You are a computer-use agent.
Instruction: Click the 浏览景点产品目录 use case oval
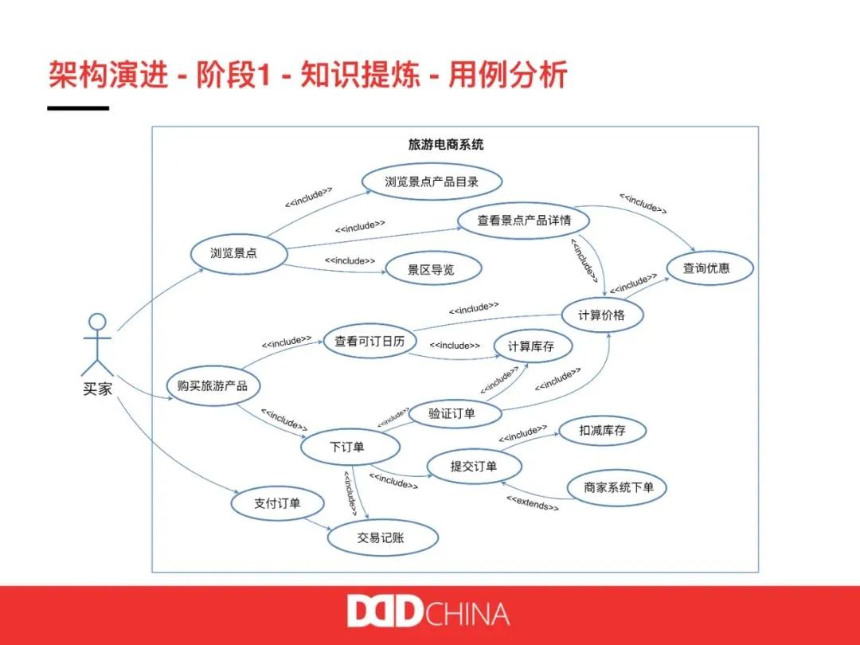coord(432,182)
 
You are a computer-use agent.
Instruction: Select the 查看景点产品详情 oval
coord(523,220)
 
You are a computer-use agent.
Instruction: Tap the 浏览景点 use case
coord(234,253)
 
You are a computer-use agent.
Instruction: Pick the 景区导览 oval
coord(432,270)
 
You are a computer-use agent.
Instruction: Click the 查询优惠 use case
coord(706,268)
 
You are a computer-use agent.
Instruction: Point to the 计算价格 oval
coord(602,315)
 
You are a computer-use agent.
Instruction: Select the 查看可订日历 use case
coord(369,342)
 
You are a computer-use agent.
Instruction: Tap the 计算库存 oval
coord(524,346)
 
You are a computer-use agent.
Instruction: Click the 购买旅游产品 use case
coord(213,386)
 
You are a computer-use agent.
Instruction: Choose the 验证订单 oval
coord(452,413)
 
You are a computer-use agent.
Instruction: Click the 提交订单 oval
coord(474,467)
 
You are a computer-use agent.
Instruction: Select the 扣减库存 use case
coord(602,431)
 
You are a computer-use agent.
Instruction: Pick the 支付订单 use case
coord(277,503)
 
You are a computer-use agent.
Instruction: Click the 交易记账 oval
coord(381,537)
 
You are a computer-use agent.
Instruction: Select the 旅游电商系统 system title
coord(446,145)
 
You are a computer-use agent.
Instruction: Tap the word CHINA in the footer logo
coord(468,614)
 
